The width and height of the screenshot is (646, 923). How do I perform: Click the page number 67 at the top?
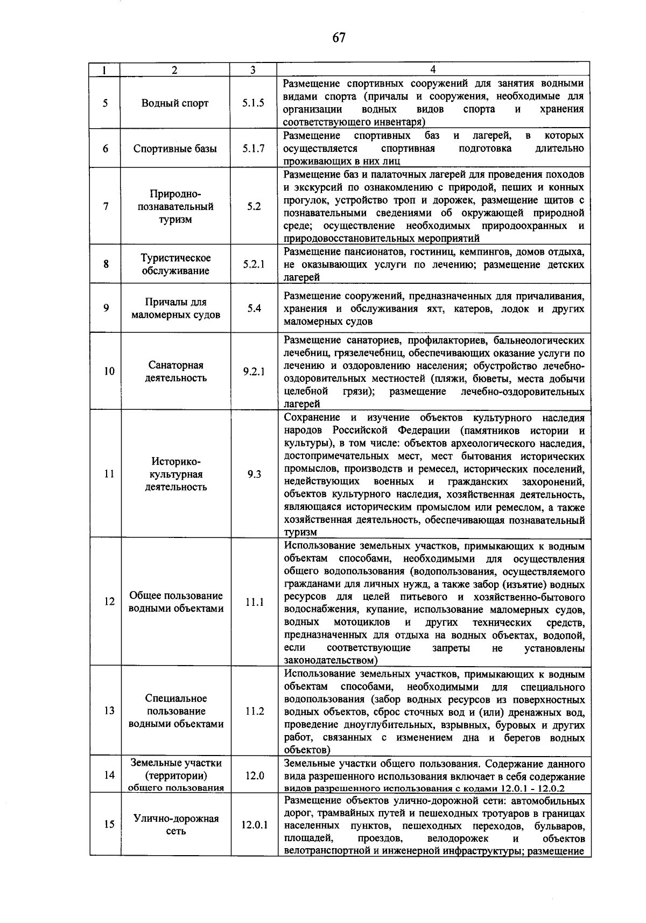[339, 38]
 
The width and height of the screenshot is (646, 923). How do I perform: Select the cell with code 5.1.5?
[253, 103]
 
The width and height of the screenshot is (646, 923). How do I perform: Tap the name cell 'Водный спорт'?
[175, 103]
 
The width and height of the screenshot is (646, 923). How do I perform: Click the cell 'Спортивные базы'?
[175, 148]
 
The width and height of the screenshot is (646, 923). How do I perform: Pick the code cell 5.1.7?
[253, 148]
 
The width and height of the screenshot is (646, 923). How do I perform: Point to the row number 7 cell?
[106, 206]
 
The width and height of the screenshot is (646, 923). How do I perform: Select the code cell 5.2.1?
[253, 264]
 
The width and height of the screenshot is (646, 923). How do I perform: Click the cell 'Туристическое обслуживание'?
[175, 264]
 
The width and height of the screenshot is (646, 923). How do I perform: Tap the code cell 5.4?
[254, 309]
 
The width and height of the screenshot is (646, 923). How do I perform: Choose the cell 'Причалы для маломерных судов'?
[175, 309]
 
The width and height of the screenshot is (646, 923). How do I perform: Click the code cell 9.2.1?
[253, 371]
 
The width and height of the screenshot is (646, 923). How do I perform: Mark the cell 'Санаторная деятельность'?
[175, 371]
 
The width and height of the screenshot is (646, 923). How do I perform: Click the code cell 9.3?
[254, 474]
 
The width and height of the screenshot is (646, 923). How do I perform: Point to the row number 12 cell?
[109, 602]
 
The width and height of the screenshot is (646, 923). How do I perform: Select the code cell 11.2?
[254, 711]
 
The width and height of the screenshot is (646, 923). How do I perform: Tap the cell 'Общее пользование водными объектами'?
[175, 602]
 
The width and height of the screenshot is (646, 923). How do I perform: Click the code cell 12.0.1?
[254, 824]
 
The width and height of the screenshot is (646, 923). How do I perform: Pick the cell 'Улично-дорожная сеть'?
[175, 824]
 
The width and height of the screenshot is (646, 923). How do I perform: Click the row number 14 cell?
[109, 775]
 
